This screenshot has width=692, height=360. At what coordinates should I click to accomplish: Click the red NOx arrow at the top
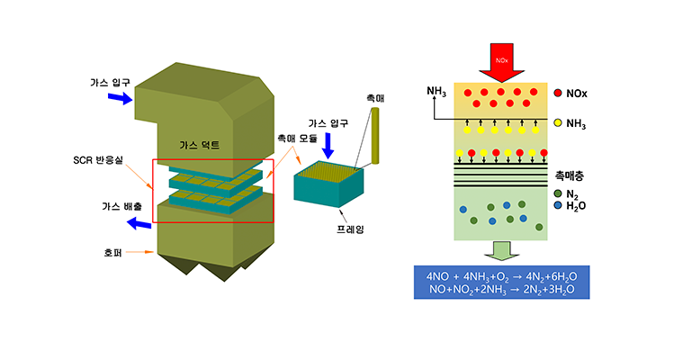pos(500,61)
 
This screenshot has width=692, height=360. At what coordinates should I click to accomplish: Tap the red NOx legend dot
pos(558,93)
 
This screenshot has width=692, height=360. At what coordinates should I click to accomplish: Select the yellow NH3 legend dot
pos(558,122)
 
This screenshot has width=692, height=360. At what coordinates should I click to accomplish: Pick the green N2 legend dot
pos(558,192)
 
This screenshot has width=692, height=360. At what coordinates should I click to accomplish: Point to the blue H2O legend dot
pos(558,205)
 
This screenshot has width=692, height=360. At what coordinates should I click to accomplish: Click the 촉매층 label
pos(571,174)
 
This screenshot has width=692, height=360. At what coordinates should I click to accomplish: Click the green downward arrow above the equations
pos(501,248)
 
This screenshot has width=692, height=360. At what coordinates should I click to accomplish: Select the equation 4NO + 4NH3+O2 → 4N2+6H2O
pos(501,276)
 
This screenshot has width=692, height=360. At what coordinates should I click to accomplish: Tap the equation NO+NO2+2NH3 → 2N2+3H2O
pos(501,290)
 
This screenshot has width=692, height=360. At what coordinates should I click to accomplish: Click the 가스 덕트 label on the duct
pos(199,145)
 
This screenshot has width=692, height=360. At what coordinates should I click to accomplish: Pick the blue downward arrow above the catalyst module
pos(328,143)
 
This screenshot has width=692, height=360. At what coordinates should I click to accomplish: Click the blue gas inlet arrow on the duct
pos(121,97)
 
